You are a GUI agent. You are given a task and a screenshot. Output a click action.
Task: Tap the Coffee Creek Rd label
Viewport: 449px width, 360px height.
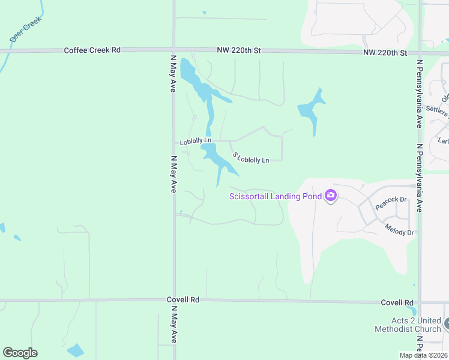[92, 50]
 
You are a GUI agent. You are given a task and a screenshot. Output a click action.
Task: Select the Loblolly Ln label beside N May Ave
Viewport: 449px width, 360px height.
[196, 142]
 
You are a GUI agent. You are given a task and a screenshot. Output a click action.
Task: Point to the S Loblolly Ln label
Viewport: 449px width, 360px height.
[250, 158]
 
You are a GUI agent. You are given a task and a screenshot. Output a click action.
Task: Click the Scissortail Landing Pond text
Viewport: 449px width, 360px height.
[276, 196]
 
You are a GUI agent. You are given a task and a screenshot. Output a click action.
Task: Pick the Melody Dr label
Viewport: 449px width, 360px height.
[399, 230]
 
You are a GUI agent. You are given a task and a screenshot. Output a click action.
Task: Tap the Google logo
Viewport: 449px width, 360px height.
[20, 353]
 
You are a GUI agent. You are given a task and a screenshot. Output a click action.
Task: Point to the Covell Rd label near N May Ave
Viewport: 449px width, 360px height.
[183, 299]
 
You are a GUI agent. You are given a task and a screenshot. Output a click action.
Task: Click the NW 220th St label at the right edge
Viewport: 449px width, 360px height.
[385, 53]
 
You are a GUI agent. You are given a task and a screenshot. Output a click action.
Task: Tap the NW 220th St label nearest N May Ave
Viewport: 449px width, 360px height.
[240, 52]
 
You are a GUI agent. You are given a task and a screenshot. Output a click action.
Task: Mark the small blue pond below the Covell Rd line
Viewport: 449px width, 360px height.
[76, 350]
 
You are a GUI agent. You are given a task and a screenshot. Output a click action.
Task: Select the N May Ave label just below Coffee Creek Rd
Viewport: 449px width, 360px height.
[173, 74]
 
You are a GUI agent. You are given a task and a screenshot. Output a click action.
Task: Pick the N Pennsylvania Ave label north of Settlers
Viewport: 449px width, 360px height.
[419, 95]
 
